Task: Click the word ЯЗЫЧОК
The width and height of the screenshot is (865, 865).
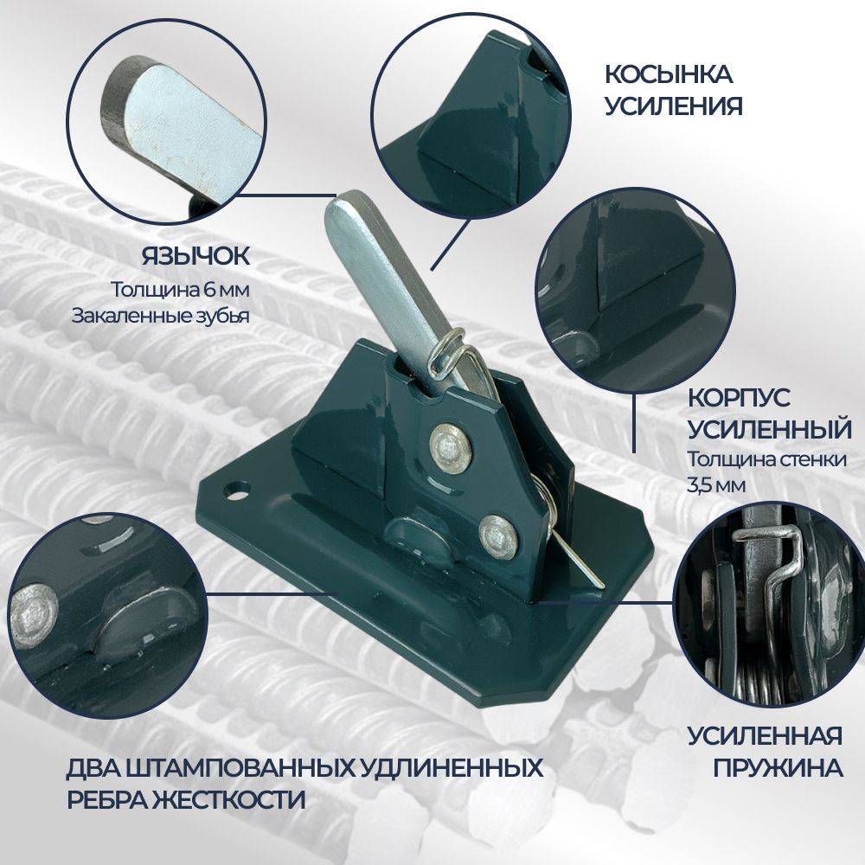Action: click(195, 256)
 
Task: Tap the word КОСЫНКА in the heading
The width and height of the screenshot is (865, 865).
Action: click(668, 75)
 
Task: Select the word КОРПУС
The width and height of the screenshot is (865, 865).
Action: click(739, 398)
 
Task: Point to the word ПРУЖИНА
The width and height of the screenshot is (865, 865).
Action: click(778, 767)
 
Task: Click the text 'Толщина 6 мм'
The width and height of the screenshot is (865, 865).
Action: click(181, 290)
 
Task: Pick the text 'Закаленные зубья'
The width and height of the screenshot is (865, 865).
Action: click(161, 316)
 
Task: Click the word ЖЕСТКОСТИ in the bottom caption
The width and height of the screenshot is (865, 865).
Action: click(231, 798)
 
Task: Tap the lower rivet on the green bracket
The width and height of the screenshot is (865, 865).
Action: click(499, 535)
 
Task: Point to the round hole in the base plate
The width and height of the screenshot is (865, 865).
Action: click(237, 490)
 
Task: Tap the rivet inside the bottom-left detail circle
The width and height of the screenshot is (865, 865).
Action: click(33, 615)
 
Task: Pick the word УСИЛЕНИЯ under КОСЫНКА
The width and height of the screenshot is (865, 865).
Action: click(674, 106)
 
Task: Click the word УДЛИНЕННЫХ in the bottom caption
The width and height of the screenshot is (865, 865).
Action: click(452, 768)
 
